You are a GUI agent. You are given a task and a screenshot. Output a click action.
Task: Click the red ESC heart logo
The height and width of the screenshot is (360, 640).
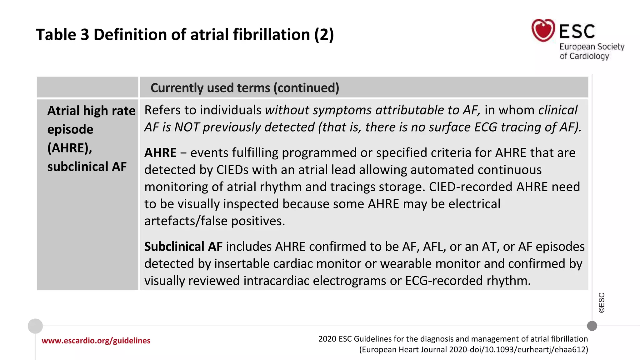tap(543, 30)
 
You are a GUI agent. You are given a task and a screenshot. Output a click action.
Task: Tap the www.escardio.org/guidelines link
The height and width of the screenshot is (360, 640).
tap(96, 341)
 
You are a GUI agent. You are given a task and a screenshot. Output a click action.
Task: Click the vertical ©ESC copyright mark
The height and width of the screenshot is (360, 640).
tap(602, 302)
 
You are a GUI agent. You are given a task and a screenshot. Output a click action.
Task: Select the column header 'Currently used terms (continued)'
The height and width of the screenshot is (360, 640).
tap(245, 88)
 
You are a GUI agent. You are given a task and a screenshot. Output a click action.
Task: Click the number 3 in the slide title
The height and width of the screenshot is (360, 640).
tap(85, 35)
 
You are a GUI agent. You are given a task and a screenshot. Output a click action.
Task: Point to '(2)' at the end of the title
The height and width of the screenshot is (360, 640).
tap(324, 35)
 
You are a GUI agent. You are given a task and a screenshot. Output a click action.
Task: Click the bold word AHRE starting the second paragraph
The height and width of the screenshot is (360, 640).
tap(160, 153)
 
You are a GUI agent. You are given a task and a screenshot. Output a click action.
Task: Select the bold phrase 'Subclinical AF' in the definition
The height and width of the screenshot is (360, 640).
tap(183, 247)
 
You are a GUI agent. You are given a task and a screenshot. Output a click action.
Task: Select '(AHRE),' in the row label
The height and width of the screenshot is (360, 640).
tap(70, 148)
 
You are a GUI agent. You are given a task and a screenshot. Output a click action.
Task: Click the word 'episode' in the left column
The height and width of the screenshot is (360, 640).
tap(70, 129)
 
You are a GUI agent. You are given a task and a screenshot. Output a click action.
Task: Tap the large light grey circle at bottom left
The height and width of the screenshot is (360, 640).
tap(35, 326)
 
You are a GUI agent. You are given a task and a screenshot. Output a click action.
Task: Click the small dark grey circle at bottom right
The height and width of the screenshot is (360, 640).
tap(592, 326)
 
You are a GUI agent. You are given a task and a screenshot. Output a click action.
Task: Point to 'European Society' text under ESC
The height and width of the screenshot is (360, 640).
tap(592, 47)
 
